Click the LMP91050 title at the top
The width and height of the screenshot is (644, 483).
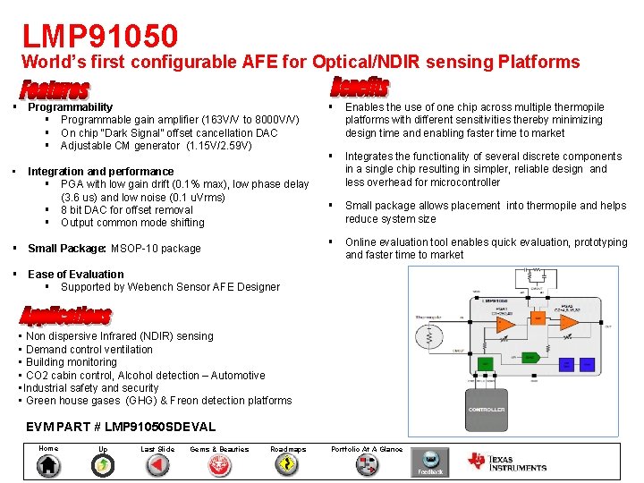100,36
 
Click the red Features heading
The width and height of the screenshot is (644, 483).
55,90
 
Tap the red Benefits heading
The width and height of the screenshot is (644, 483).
360,87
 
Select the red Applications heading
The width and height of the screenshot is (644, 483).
66,316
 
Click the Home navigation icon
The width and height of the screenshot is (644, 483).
49,465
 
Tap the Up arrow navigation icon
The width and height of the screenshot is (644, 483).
104,465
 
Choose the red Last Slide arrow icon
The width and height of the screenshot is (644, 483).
157,465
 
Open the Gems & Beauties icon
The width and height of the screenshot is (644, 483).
219,465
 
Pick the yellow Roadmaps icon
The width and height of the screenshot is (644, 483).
287,465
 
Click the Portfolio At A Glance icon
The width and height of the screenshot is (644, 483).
367,465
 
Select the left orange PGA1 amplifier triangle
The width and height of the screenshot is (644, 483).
505,324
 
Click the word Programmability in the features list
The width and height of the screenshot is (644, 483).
70,107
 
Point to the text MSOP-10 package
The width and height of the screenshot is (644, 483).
156,249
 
